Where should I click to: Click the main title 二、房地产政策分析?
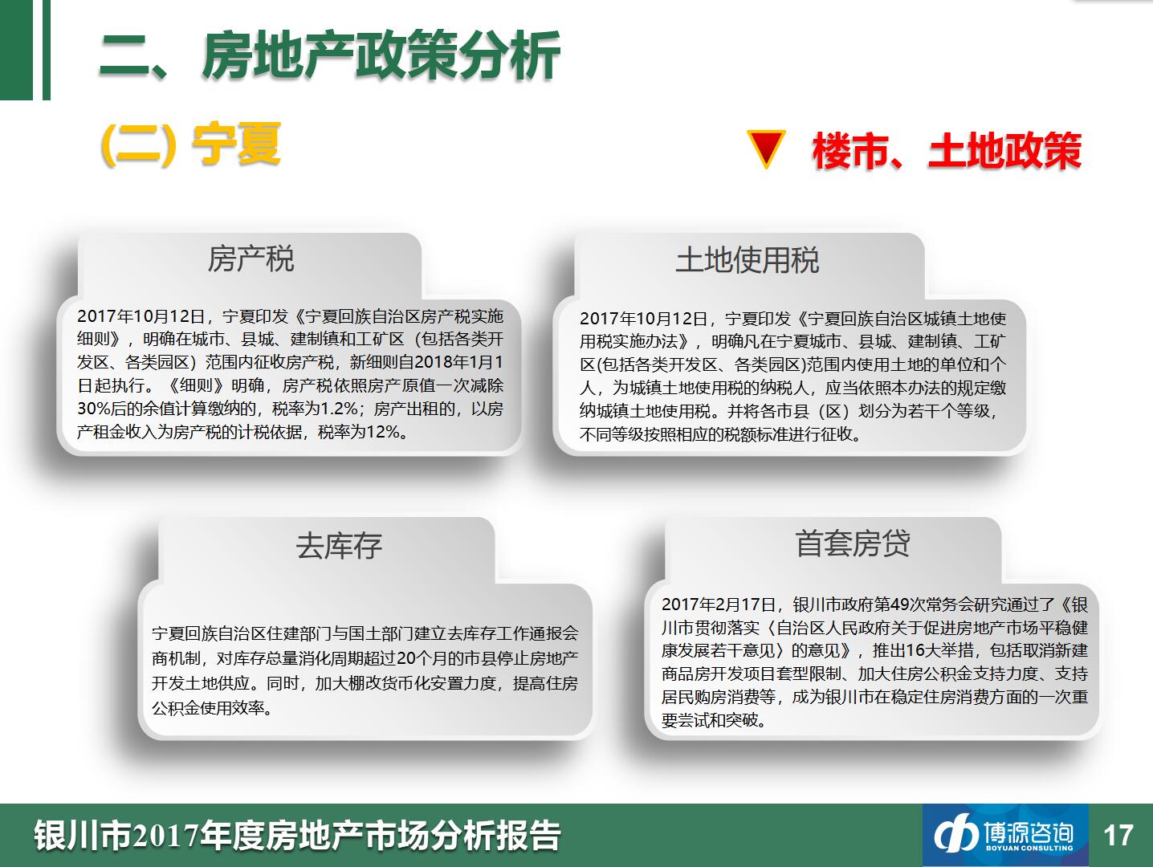(x=329, y=55)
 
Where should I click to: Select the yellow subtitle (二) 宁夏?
(x=190, y=144)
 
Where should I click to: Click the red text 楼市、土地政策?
(x=947, y=151)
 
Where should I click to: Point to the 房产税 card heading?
(x=251, y=258)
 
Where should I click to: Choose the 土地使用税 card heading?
(x=747, y=260)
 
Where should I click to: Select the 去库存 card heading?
(x=339, y=546)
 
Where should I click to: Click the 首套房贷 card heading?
(x=852, y=543)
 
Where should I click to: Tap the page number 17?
(x=1118, y=835)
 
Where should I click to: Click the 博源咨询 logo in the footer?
(x=1005, y=835)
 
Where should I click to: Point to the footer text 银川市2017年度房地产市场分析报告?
(x=297, y=836)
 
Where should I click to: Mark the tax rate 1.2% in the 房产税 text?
(x=339, y=409)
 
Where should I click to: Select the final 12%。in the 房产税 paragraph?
(x=387, y=432)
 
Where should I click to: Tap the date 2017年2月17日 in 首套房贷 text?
(x=719, y=604)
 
